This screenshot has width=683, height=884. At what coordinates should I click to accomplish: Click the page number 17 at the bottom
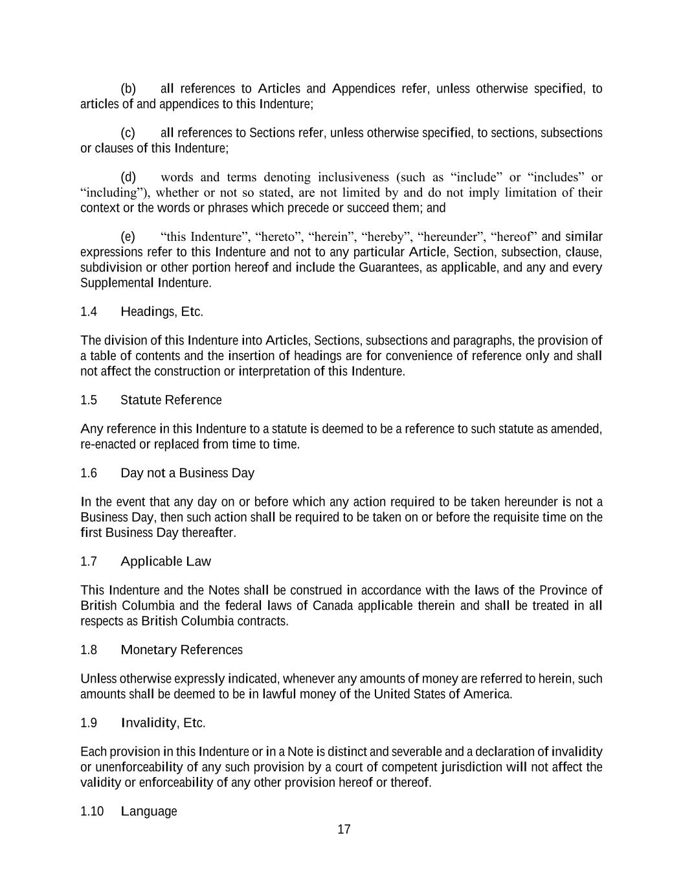click(x=344, y=830)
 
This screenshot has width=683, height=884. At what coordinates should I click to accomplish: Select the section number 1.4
click(x=89, y=312)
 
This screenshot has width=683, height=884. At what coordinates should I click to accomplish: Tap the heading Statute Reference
click(x=171, y=400)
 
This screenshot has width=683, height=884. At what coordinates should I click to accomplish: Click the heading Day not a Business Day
click(x=187, y=473)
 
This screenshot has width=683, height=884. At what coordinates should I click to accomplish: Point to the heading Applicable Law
click(x=166, y=561)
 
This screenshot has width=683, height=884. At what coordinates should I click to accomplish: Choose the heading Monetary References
click(x=181, y=650)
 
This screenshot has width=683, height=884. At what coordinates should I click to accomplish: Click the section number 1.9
click(x=89, y=723)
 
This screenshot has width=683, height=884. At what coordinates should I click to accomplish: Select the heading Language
click(x=149, y=811)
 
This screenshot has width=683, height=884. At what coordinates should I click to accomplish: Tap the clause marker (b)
click(x=128, y=89)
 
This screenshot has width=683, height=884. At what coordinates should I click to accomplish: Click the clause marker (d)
click(x=128, y=177)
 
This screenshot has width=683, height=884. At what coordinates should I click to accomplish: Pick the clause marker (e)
click(x=128, y=236)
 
